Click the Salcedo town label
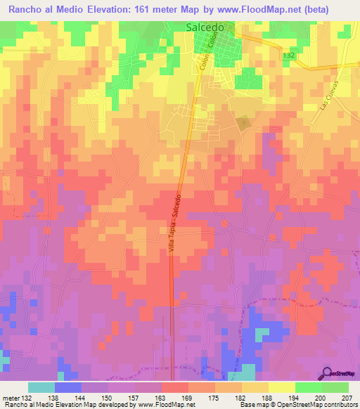[x=205, y=27]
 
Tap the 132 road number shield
[x=288, y=55]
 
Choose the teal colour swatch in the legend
[x=41, y=387]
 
